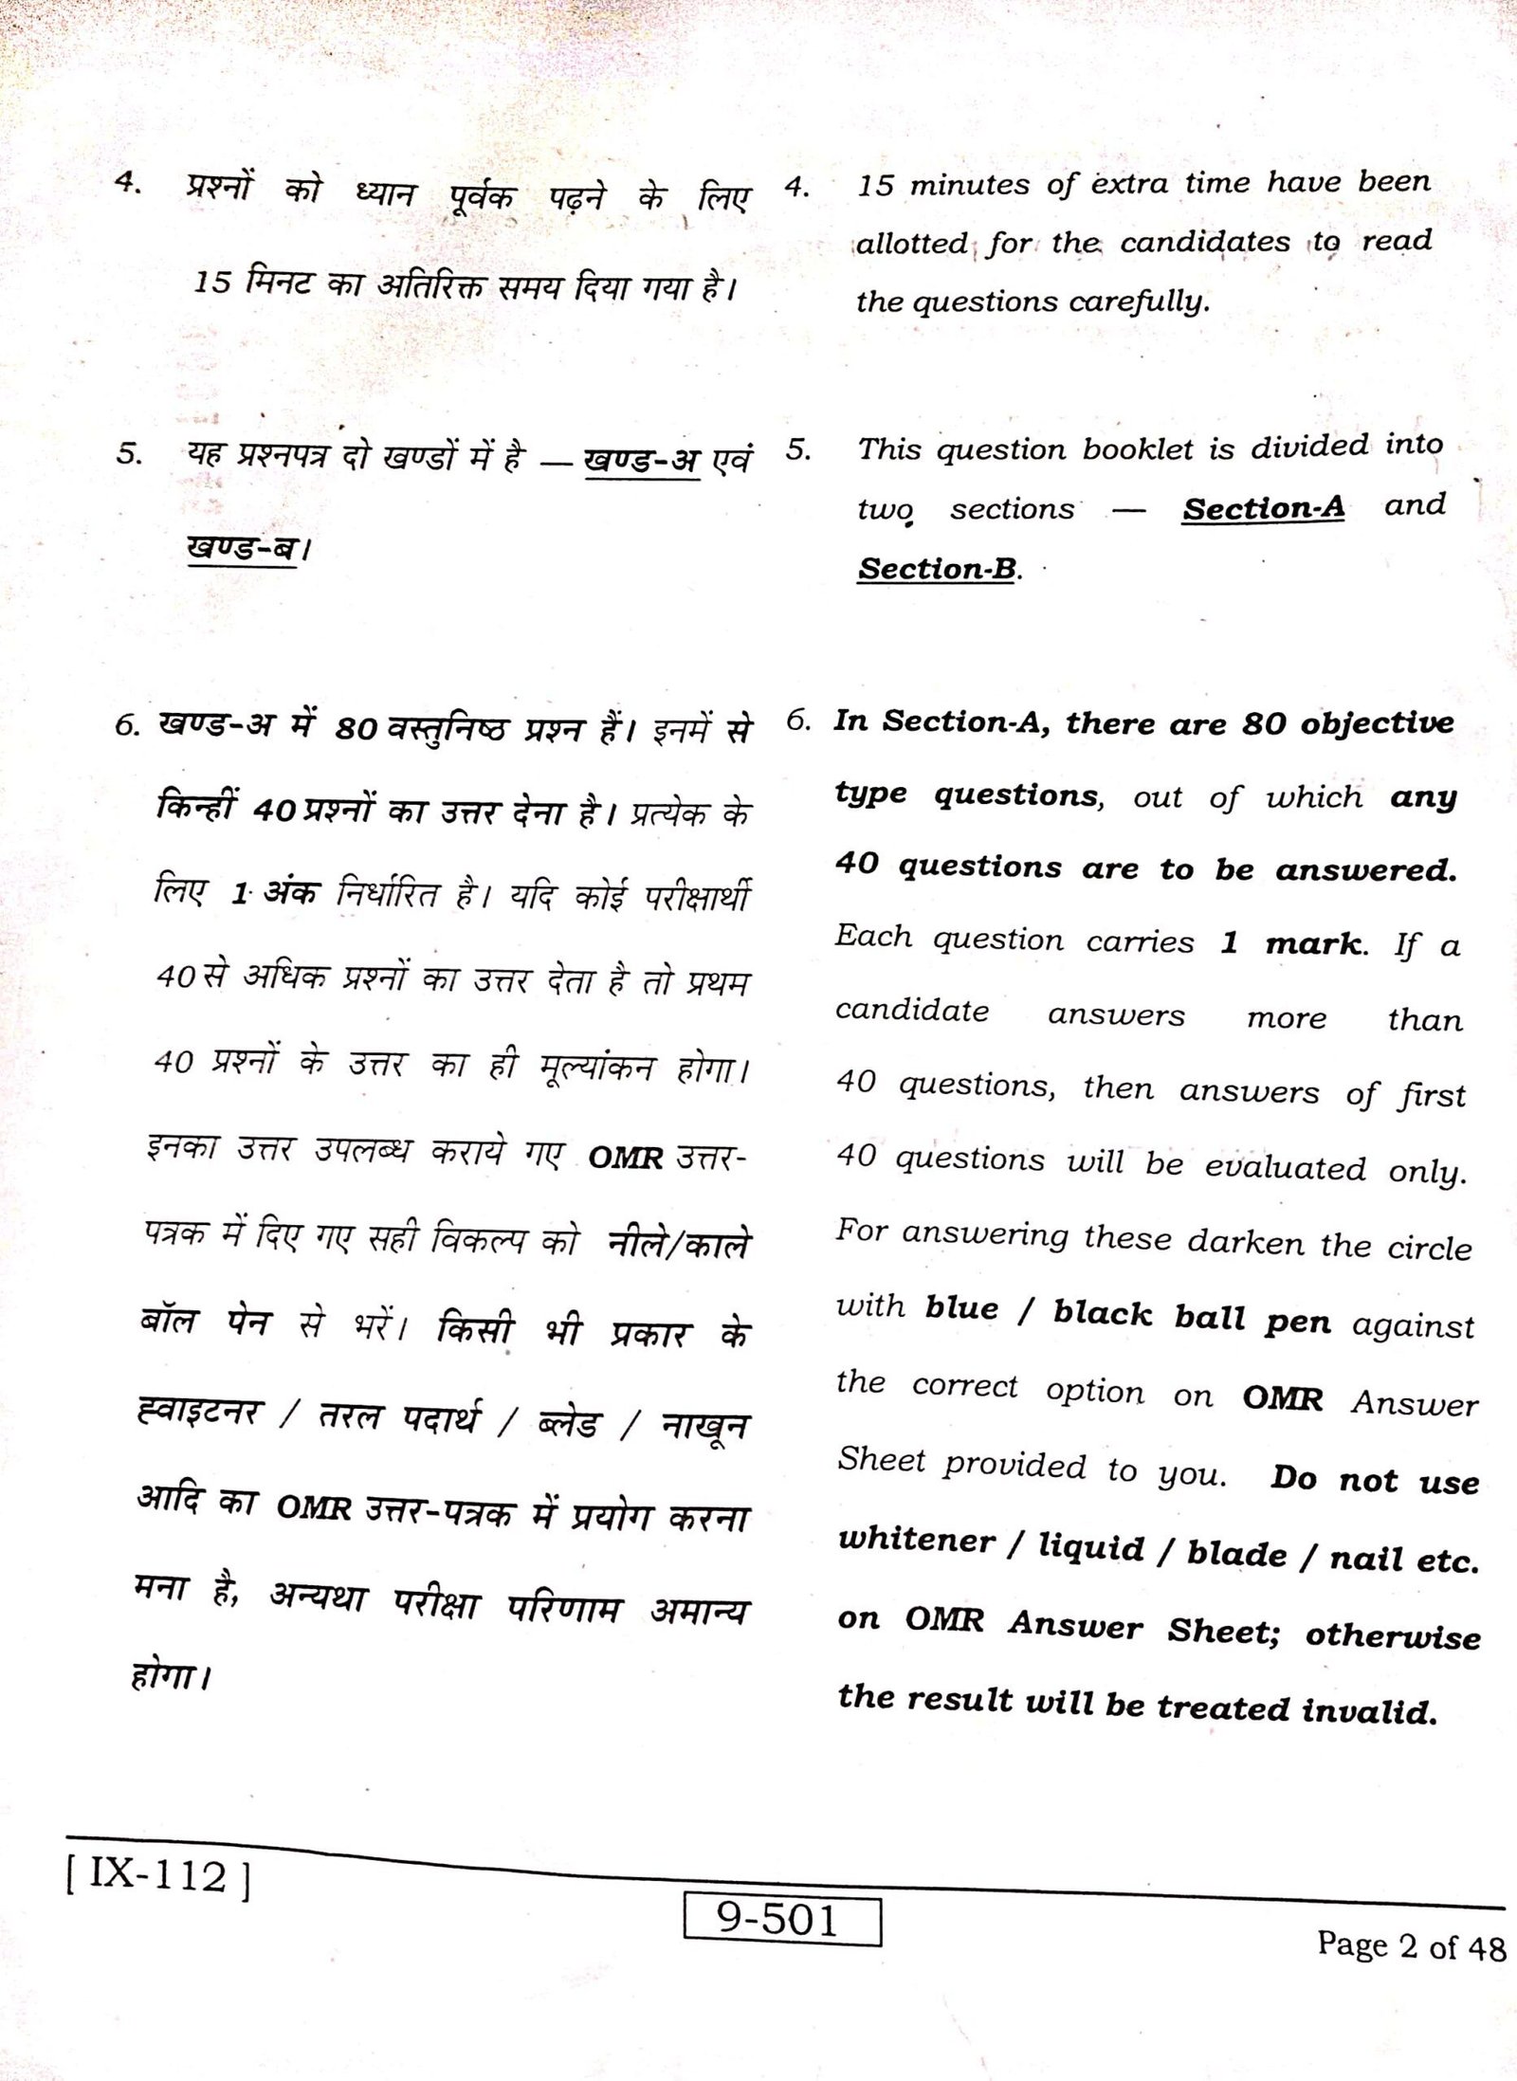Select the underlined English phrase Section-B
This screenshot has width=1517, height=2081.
[x=937, y=569]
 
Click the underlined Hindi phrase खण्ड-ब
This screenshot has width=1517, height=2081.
[x=243, y=548]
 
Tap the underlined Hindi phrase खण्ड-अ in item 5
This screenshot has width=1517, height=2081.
[x=642, y=461]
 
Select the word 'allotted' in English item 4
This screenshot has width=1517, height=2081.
[x=912, y=244]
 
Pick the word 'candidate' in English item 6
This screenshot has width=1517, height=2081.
[x=911, y=1011]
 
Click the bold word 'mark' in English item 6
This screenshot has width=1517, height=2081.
[x=1314, y=943]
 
